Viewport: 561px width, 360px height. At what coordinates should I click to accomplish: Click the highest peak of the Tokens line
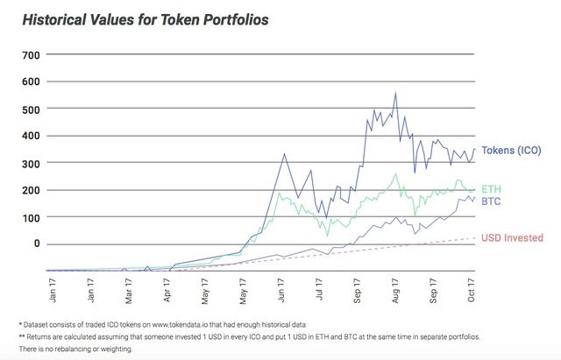(x=395, y=94)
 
